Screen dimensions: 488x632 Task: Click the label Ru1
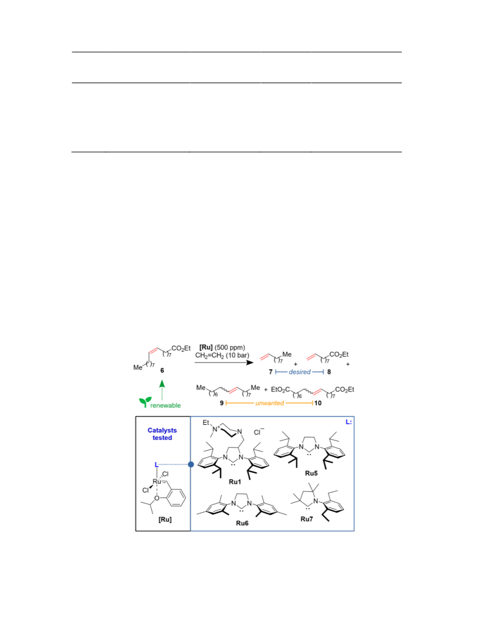(235, 482)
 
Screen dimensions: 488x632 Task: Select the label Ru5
(311, 473)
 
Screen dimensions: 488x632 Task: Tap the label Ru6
(242, 523)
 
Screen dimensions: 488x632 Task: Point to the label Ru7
(306, 519)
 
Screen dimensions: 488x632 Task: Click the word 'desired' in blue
(300, 372)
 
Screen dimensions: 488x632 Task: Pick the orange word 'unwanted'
(269, 403)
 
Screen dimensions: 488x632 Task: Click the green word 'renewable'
(166, 406)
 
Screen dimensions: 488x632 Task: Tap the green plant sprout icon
(145, 402)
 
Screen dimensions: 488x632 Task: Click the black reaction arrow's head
(250, 362)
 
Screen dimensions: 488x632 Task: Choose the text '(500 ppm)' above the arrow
(230, 348)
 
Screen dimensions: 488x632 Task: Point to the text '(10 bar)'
(237, 355)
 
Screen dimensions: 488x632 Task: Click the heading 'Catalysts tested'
(162, 434)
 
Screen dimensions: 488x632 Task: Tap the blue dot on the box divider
(191, 464)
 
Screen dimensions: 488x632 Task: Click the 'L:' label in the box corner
(349, 422)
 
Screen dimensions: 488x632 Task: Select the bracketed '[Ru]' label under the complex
(165, 519)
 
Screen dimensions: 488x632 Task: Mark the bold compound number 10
(318, 403)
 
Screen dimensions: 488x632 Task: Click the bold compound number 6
(162, 370)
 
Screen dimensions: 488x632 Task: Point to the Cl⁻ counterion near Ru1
(259, 432)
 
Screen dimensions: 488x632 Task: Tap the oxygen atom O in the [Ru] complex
(157, 498)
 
